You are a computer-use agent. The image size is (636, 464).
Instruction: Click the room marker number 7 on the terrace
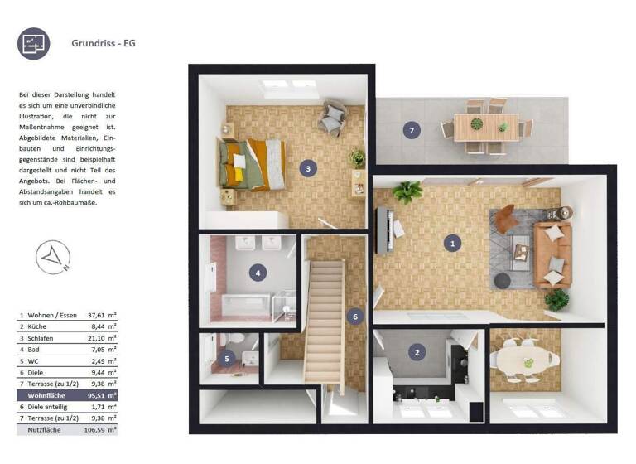(410, 129)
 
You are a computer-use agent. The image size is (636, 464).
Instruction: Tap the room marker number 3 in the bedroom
(308, 168)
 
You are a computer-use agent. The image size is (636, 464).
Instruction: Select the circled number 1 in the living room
(451, 243)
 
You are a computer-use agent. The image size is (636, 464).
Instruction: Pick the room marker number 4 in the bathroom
(258, 273)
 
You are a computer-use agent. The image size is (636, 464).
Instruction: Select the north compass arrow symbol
(53, 257)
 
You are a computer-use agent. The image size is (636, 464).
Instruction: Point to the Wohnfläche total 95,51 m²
(102, 396)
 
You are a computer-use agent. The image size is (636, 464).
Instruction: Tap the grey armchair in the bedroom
(334, 118)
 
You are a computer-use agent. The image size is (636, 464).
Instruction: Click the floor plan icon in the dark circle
(34, 44)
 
